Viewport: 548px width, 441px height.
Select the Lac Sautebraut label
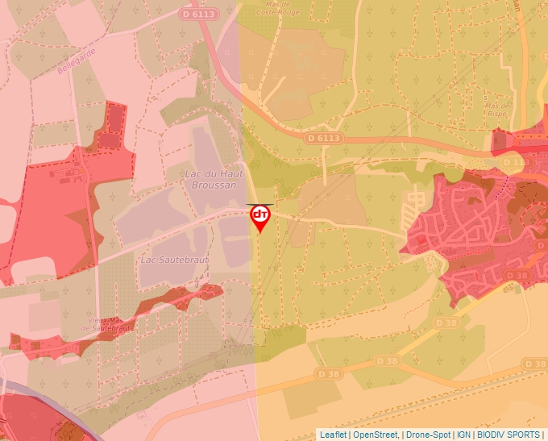point(175,260)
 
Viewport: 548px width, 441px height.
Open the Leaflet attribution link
point(333,435)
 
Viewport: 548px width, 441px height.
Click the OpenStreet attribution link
point(376,435)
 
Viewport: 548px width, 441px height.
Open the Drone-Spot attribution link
point(430,435)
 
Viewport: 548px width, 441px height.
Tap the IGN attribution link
point(464,435)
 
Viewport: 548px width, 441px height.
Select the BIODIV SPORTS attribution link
point(508,435)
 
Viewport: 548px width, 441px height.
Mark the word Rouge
point(288,12)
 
